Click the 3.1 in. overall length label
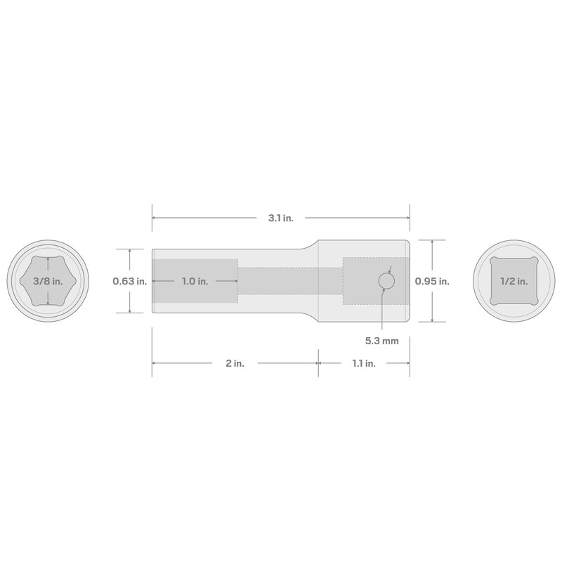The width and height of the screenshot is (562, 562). (280, 218)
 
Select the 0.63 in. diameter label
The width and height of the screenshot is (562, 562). (130, 281)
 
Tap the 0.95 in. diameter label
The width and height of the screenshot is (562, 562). (431, 281)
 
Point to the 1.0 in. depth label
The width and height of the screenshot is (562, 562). (194, 281)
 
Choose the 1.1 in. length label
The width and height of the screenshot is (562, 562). (364, 363)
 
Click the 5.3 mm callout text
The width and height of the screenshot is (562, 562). (381, 341)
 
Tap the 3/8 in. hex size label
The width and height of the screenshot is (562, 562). (48, 281)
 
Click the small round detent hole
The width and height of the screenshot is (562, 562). (386, 281)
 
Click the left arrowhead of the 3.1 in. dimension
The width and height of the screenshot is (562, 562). (155, 218)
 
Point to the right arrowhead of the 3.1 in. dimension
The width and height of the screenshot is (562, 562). (407, 218)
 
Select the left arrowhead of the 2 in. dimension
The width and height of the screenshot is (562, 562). (155, 363)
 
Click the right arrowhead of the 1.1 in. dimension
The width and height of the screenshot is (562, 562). (407, 363)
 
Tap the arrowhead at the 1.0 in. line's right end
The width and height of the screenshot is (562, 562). (235, 281)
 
